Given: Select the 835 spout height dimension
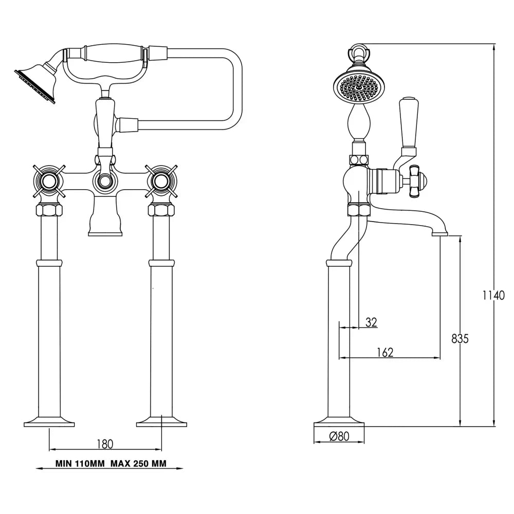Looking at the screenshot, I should tap(460, 339).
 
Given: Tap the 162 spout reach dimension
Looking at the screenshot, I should tap(384, 352).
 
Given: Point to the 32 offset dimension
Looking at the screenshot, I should tap(371, 322).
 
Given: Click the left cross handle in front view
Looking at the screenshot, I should tap(49, 180).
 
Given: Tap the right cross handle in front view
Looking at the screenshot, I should tap(161, 180).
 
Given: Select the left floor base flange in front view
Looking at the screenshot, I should tap(49, 421).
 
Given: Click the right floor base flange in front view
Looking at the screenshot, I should tap(161, 421).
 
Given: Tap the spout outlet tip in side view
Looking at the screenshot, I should tap(440, 234).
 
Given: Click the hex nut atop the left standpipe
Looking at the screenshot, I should tap(49, 210).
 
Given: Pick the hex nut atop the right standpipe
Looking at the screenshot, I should tap(161, 210).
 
